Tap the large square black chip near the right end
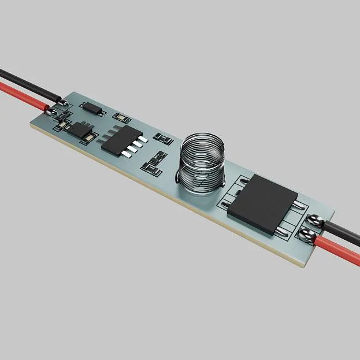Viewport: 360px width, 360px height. click(x=262, y=203)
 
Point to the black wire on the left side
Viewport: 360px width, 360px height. click(x=23, y=78)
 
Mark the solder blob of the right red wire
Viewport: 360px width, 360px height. click(x=307, y=235)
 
